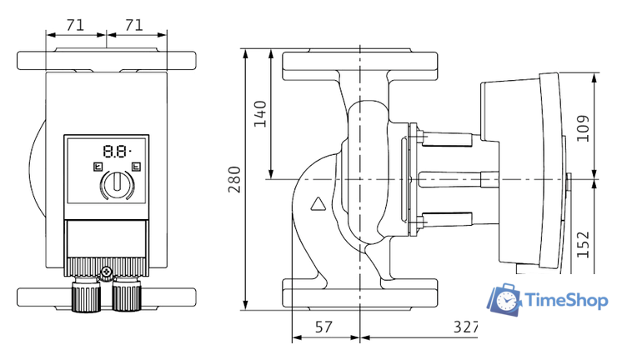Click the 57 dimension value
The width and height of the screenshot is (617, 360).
(324, 327)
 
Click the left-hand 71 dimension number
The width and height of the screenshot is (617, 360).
(75, 25)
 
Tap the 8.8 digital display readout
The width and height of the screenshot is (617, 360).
(116, 152)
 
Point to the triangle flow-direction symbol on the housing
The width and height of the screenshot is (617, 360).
(319, 202)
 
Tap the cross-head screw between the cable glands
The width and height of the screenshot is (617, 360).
(106, 271)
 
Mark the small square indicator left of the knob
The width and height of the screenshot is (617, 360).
(97, 166)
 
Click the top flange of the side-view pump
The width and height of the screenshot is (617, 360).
(360, 64)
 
